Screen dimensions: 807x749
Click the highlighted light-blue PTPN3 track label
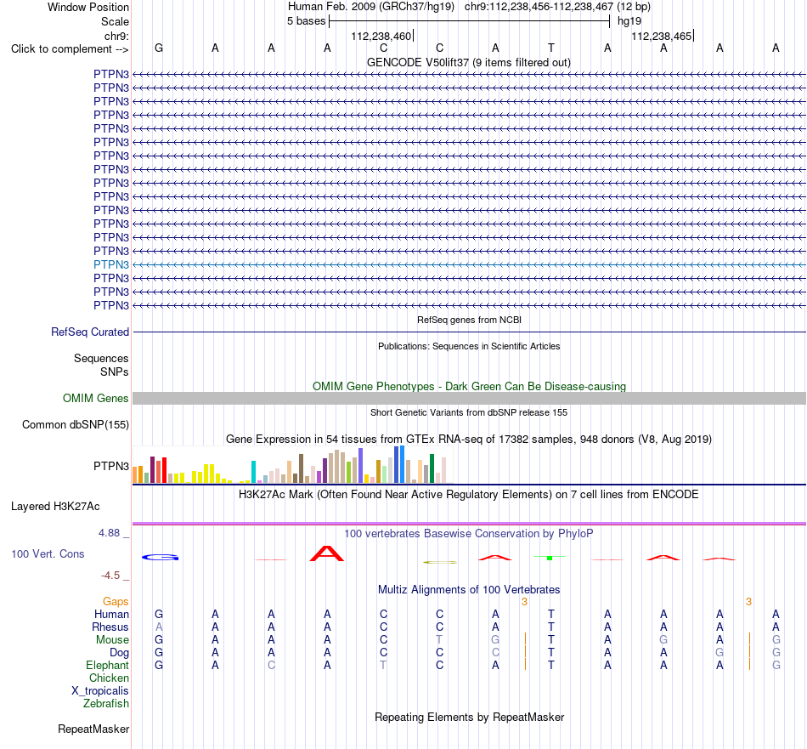click(x=111, y=264)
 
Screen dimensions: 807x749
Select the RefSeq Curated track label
click(x=90, y=332)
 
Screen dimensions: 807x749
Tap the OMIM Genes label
click(x=96, y=398)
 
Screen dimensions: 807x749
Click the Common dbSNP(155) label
click(x=76, y=425)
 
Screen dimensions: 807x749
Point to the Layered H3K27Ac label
click(x=55, y=507)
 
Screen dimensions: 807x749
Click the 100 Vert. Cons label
click(x=48, y=553)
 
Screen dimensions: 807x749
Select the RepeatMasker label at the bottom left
click(x=93, y=729)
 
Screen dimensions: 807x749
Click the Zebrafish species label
click(x=106, y=704)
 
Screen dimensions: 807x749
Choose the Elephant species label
click(x=108, y=666)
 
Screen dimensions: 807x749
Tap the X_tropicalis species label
click(x=100, y=691)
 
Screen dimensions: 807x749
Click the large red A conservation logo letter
click(x=327, y=553)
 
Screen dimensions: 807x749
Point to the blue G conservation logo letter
click(x=160, y=558)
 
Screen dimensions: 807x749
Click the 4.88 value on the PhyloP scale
click(x=110, y=533)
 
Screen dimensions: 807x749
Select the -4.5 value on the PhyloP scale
click(x=110, y=576)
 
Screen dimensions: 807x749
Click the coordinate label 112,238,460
click(x=381, y=37)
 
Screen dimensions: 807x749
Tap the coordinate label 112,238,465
click(x=662, y=37)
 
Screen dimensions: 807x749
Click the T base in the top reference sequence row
click(x=551, y=48)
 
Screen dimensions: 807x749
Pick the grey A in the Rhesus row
click(x=159, y=627)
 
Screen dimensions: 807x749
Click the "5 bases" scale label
click(x=306, y=21)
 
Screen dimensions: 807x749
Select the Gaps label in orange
click(x=116, y=602)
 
